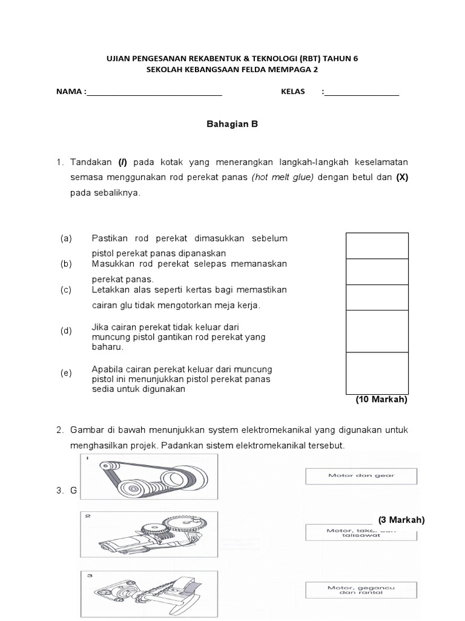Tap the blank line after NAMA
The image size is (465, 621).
154,93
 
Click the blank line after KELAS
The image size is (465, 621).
362,93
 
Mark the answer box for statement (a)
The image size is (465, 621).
377,246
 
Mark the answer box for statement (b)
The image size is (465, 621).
377,272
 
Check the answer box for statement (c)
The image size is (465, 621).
377,297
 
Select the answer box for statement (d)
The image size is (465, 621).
377,331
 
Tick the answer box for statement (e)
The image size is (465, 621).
377,373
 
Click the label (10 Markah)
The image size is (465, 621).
381,400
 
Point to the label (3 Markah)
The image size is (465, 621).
401,520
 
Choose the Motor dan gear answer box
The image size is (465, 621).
361,475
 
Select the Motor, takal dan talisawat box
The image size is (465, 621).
361,533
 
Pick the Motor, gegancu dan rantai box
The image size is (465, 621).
362,590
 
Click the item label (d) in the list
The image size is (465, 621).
66,331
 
